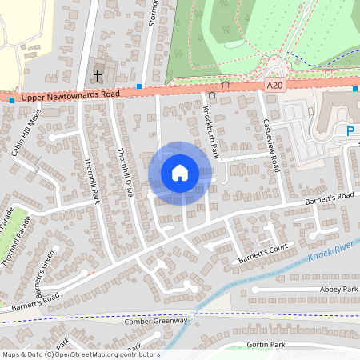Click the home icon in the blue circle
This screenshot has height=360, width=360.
[x=180, y=173]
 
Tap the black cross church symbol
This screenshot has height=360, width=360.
[x=98, y=76]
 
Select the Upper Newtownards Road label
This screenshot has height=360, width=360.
[x=70, y=94]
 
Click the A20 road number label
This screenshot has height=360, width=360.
[x=275, y=84]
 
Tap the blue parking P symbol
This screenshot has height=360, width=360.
[x=350, y=130]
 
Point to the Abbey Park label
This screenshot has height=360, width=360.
[x=339, y=289]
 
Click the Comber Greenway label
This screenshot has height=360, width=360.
[x=155, y=321]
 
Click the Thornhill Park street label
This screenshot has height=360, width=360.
[x=90, y=178]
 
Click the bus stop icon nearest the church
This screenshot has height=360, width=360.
[x=139, y=86]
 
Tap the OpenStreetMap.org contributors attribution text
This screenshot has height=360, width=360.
[x=104, y=354]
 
